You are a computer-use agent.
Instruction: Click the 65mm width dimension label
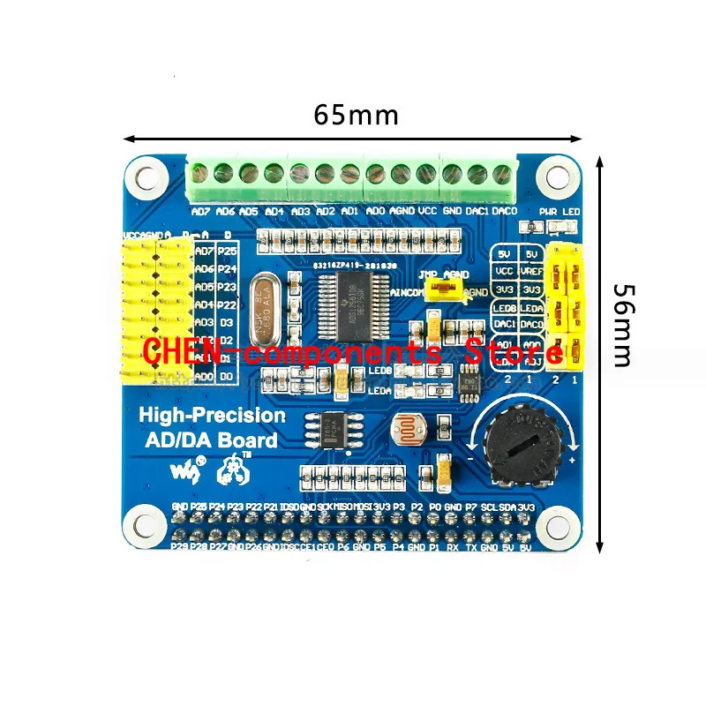pos(356,116)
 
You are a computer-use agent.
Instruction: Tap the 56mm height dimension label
pos(623,325)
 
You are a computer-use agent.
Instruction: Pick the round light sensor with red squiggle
pos(409,432)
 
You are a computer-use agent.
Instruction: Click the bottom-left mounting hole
pos(145,525)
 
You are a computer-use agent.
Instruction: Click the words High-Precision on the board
pos(212,415)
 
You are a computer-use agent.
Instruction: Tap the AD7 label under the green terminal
pos(201,212)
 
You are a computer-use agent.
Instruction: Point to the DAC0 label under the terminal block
pos(504,212)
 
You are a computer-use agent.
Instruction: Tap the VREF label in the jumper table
pos(530,272)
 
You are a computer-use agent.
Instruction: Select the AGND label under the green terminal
pos(402,212)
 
